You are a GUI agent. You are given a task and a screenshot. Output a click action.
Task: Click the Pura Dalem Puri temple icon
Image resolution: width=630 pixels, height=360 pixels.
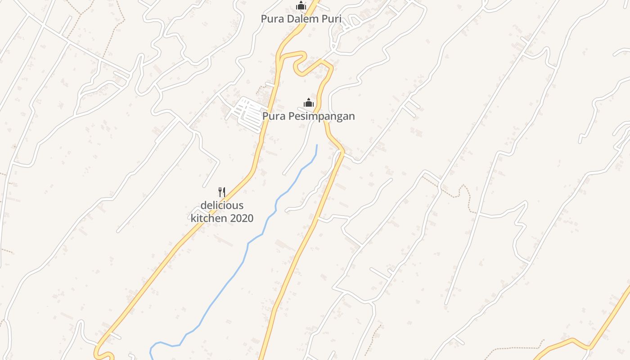pyautogui.click(x=301, y=5)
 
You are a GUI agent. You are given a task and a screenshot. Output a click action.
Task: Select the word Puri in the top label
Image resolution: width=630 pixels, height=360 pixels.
pyautogui.click(x=332, y=19)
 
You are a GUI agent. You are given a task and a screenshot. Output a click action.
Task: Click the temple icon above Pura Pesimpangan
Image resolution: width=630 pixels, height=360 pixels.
pyautogui.click(x=308, y=103)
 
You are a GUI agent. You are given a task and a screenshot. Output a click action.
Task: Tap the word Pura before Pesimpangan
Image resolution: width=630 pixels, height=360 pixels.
pyautogui.click(x=273, y=116)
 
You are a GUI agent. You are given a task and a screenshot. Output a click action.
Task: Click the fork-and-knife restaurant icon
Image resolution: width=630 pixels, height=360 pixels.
pyautogui.click(x=221, y=192)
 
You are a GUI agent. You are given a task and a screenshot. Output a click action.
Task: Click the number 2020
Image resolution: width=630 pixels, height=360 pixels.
pyautogui.click(x=241, y=219)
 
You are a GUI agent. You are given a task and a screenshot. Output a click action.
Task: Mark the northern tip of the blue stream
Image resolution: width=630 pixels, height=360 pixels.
pyautogui.click(x=317, y=145)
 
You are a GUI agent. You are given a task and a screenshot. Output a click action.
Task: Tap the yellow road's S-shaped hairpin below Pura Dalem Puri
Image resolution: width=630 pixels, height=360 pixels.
pyautogui.click(x=299, y=63)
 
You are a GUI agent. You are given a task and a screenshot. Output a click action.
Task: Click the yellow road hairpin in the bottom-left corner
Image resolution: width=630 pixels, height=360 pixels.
pyautogui.click(x=103, y=351)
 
